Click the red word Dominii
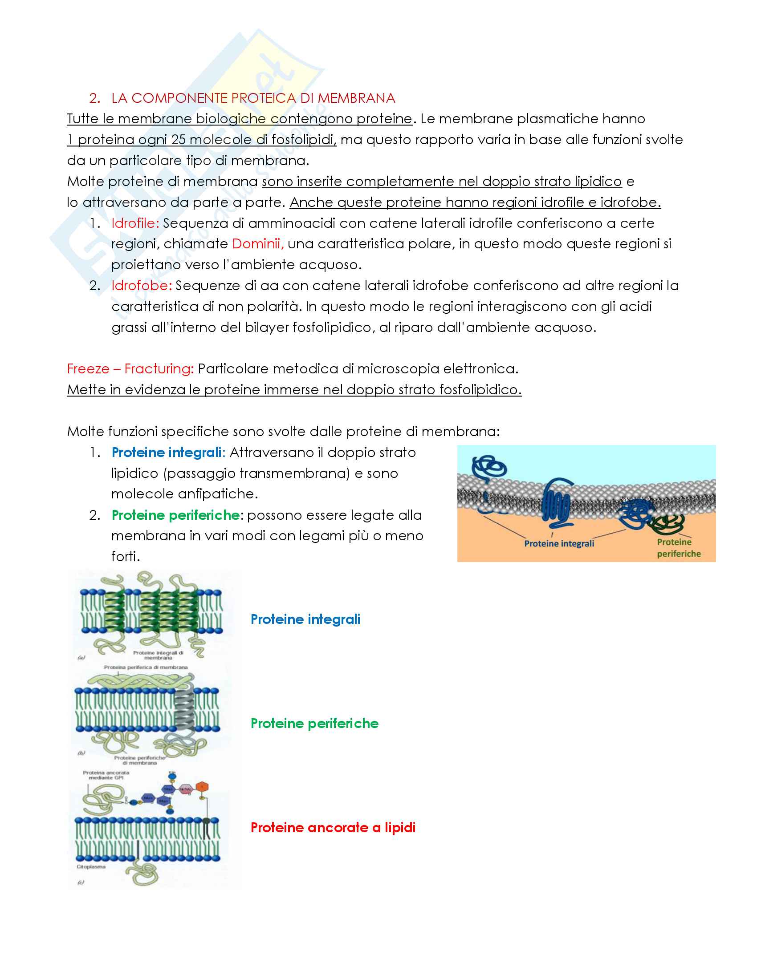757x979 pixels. (258, 244)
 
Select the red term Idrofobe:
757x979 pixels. (141, 286)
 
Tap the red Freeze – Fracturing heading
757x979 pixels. (130, 369)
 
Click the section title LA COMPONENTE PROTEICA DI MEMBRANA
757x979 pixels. (253, 98)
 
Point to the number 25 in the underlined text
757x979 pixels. (178, 140)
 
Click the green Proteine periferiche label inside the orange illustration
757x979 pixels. (679, 548)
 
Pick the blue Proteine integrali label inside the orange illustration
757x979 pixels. (559, 544)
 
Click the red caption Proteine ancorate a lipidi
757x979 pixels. (333, 828)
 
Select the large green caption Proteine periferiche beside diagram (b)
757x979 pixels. (314, 724)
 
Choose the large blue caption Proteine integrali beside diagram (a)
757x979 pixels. (305, 619)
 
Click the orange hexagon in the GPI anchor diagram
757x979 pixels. (202, 787)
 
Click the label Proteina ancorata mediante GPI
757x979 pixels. (106, 776)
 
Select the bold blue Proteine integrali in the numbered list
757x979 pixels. (167, 453)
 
